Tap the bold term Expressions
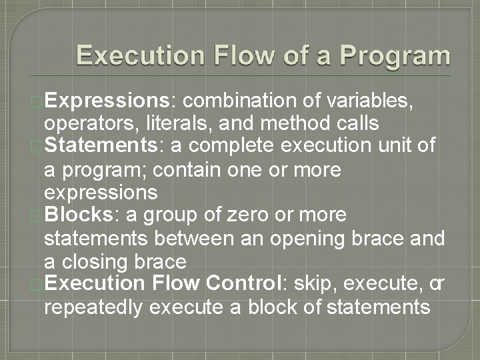coord(109,101)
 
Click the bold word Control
coord(245,284)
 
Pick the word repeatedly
coord(94,307)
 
